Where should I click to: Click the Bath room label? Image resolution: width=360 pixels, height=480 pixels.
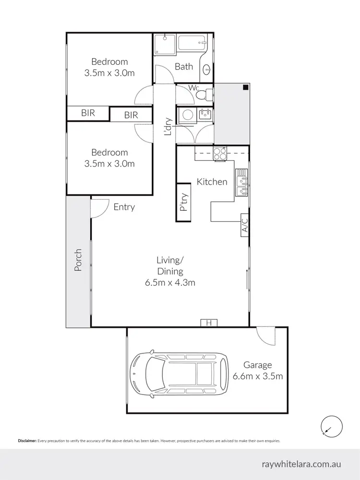tap(184, 67)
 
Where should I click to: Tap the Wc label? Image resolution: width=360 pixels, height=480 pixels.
tap(194, 88)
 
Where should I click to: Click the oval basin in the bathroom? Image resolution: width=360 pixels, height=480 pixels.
tap(207, 69)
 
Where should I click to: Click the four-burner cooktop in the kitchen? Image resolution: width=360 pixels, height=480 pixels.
tap(220, 154)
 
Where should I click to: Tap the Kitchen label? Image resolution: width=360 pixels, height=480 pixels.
tap(212, 182)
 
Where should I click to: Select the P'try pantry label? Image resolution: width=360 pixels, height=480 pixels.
tap(183, 203)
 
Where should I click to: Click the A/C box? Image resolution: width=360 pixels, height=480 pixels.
tap(244, 225)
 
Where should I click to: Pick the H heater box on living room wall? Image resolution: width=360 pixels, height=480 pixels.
tap(209, 323)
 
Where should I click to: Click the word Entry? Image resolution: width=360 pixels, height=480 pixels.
tap(124, 207)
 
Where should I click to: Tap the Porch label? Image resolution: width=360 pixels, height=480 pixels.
tap(78, 260)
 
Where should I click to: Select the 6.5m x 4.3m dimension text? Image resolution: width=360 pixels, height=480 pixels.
tap(170, 283)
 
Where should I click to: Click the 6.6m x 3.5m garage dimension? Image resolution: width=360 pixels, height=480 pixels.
tap(257, 376)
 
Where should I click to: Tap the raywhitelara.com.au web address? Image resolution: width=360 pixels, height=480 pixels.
tap(301, 464)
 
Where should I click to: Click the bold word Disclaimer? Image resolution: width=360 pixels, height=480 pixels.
tap(27, 441)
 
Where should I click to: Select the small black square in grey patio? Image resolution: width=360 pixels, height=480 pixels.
tap(245, 87)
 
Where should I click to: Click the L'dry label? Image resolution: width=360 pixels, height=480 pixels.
tap(168, 127)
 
